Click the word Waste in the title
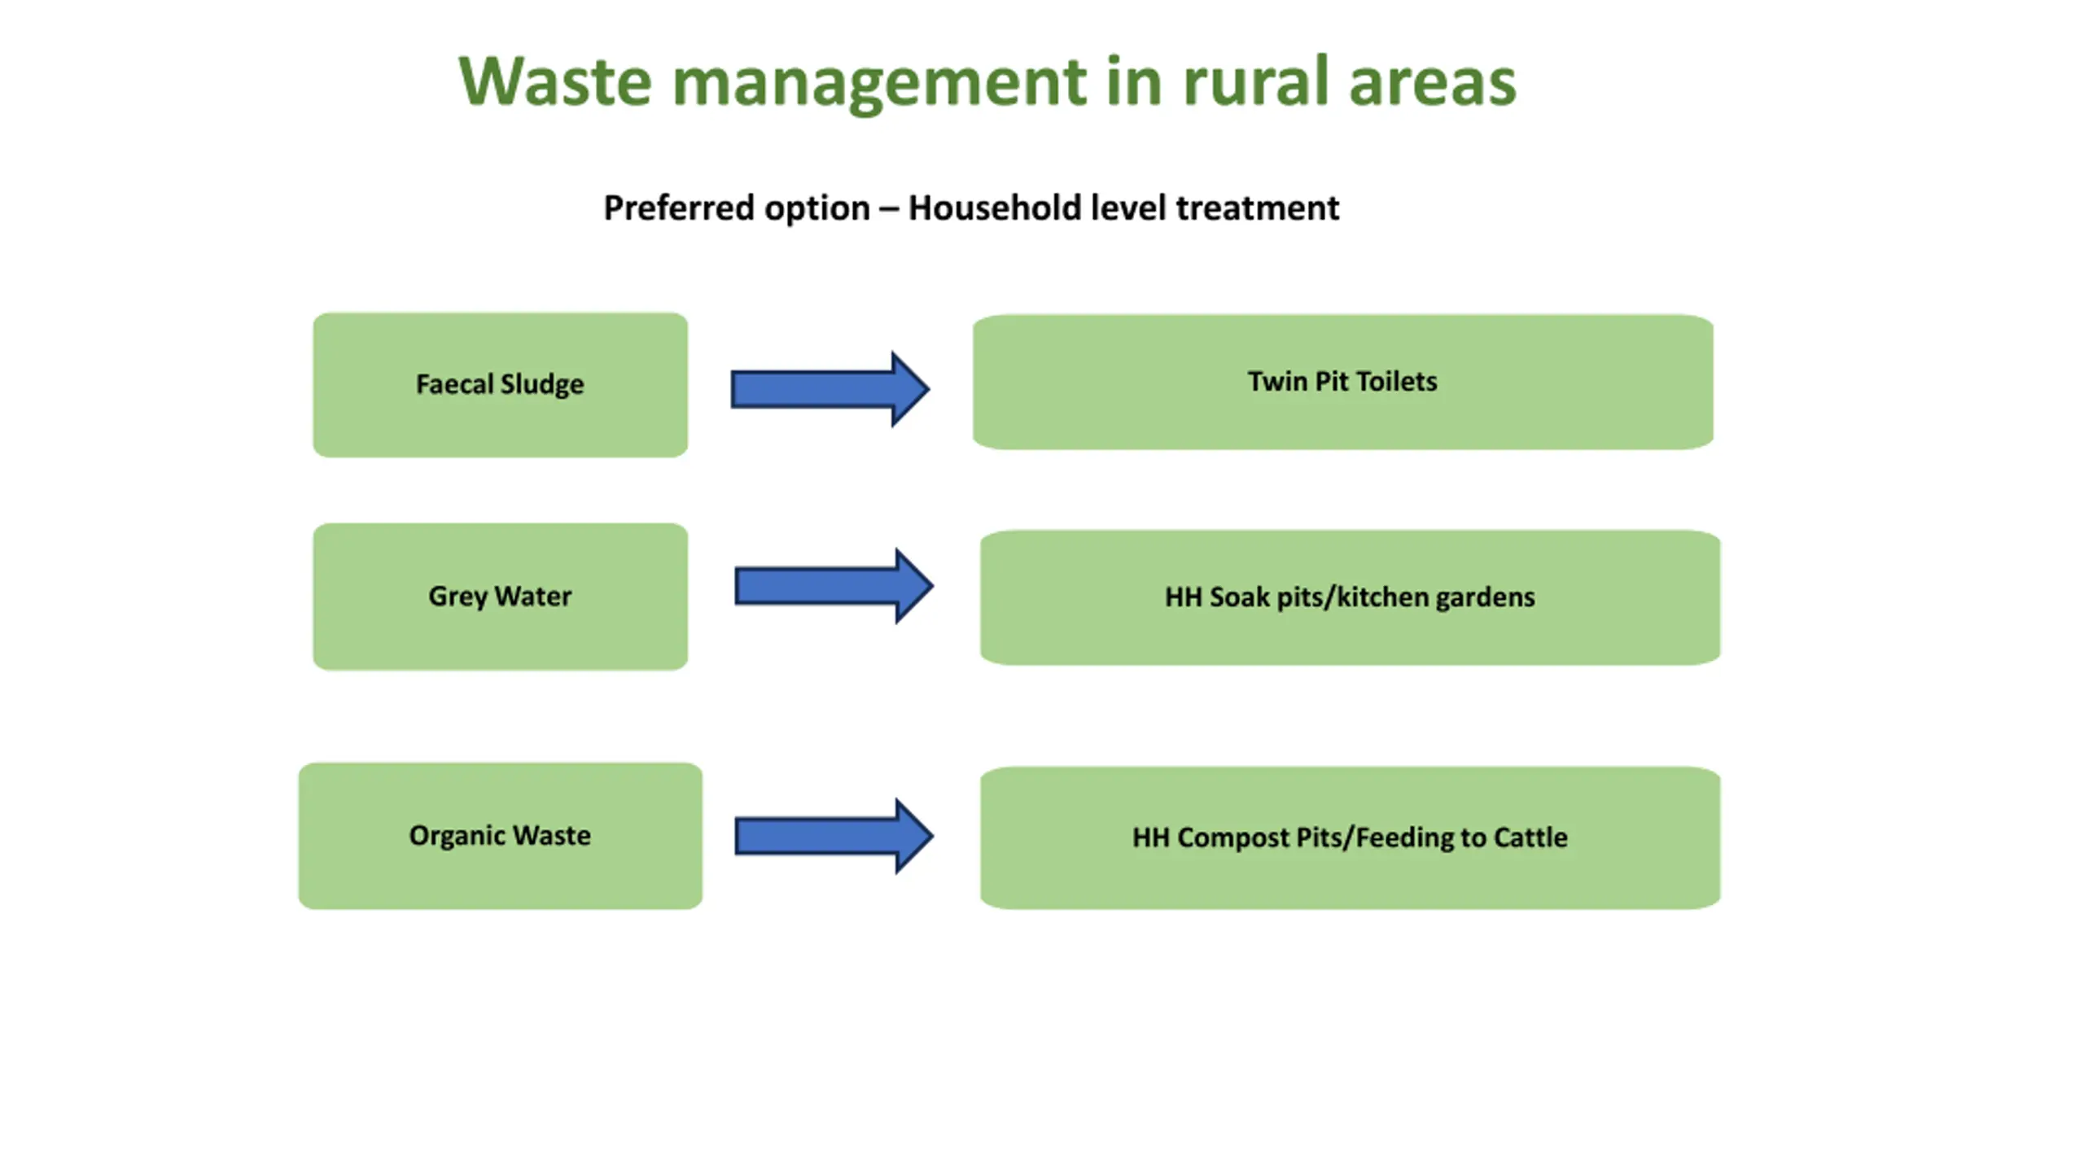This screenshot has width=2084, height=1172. click(x=555, y=81)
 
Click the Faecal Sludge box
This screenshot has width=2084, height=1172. click(x=500, y=385)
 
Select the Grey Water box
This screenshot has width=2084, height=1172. click(x=500, y=597)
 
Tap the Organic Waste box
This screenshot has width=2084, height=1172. click(x=500, y=836)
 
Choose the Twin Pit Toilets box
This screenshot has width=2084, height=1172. click(x=1343, y=382)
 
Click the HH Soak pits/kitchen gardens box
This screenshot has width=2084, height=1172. click(x=1350, y=597)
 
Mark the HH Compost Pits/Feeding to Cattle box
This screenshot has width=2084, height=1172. click(x=1350, y=837)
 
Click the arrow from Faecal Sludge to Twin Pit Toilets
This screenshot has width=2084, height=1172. click(x=830, y=389)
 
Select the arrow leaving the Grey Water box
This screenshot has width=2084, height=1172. click(x=834, y=586)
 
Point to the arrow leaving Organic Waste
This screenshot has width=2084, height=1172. click(x=834, y=836)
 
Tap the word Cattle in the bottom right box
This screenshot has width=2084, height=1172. click(x=1528, y=837)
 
